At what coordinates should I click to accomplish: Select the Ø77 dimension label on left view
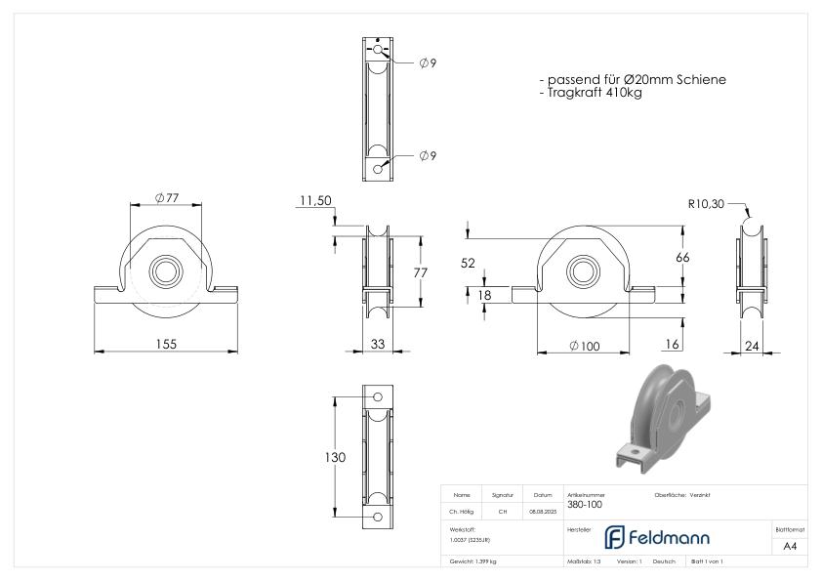pos(167,197)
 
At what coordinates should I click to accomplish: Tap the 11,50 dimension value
pos(316,200)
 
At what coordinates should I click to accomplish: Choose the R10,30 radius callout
pos(705,205)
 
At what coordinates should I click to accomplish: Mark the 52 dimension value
pos(470,263)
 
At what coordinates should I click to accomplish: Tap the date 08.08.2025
pos(543,511)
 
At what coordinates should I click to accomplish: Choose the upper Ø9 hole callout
pos(427,63)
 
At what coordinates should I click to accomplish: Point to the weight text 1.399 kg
pos(473,562)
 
